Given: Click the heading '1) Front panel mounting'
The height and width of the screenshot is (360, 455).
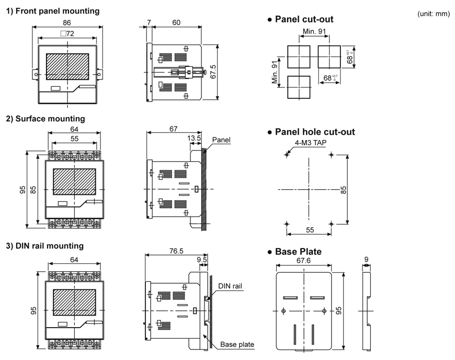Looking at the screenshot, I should pos(52,11).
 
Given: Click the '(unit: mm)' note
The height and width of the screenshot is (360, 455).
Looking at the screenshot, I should pos(434,14).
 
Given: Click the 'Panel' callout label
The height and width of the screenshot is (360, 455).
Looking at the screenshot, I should pos(221,140).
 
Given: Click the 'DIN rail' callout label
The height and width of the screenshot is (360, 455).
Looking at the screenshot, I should pos(230,285).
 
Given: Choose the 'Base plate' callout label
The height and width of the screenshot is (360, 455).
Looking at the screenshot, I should pos(237,344).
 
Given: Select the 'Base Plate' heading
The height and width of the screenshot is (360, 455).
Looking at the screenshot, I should pos(298,252).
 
